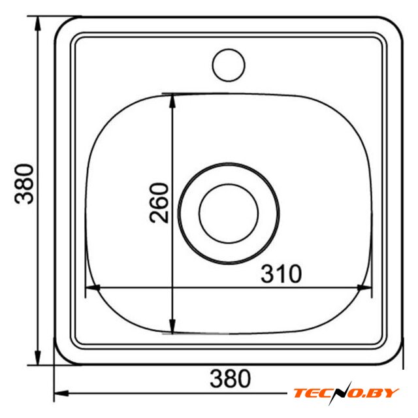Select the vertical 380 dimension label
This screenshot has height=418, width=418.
coord(24,184)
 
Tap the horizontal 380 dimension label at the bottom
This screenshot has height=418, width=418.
coord(231,378)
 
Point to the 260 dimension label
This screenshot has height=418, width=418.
coord(159,202)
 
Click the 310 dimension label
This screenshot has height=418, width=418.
coord(281,274)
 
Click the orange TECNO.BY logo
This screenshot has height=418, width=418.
coord(346,393)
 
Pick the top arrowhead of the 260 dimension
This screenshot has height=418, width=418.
coord(172,101)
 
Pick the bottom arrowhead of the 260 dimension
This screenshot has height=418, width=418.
coord(172,327)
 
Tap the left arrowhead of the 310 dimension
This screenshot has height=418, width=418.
coord(92,287)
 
